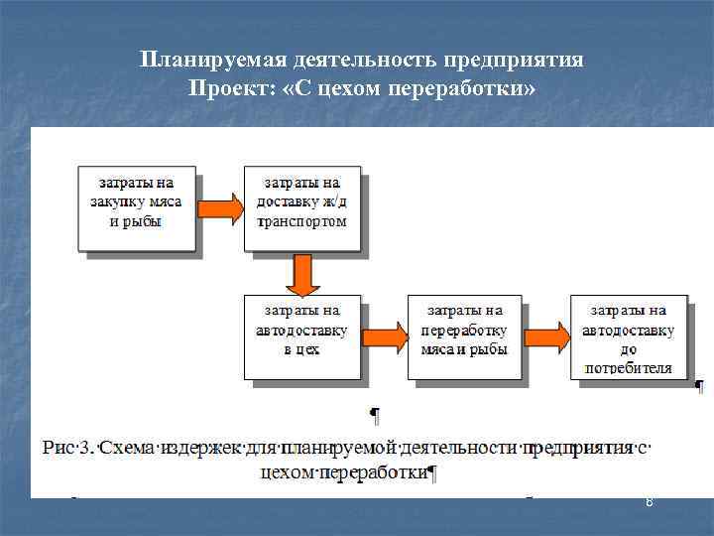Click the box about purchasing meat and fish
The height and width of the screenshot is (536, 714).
click(136, 207)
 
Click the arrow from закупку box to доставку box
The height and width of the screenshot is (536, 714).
click(219, 207)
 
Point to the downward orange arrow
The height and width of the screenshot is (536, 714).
click(301, 274)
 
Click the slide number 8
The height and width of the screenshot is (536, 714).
click(649, 503)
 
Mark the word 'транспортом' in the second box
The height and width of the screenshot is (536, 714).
click(301, 221)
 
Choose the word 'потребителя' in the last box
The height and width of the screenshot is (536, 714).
click(629, 367)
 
